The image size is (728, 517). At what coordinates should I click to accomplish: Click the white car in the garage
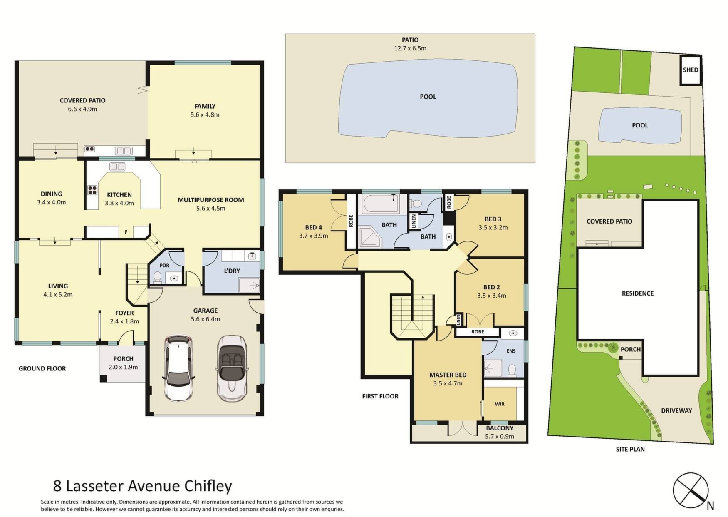179,368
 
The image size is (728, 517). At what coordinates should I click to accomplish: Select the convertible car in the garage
232,368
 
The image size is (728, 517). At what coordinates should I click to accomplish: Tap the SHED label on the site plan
691,70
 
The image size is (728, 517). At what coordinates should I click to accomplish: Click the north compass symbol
691,490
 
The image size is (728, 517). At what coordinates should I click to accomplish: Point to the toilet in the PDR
157,277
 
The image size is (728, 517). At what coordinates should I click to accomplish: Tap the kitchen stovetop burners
92,190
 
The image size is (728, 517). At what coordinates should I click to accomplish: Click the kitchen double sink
117,167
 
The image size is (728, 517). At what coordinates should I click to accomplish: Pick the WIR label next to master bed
500,404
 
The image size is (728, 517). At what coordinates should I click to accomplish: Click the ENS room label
511,351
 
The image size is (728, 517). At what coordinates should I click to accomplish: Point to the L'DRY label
232,271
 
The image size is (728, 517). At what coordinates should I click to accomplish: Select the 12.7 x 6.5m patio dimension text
410,48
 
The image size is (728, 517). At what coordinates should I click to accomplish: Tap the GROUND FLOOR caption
42,368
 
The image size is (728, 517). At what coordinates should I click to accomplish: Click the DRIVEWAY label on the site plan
676,410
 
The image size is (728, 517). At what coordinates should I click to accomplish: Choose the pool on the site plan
640,126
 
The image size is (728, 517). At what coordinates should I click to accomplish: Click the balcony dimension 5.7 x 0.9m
500,436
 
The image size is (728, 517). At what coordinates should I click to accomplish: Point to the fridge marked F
126,232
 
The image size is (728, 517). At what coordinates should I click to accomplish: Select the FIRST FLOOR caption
380,396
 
